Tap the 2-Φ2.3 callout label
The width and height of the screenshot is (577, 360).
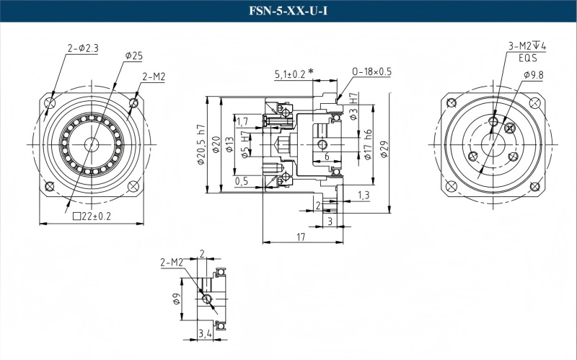tap(82, 48)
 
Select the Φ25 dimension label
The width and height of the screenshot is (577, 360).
tap(133, 56)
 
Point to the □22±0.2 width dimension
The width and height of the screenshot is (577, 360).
tap(93, 216)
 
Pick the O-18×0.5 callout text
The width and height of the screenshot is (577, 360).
tap(371, 71)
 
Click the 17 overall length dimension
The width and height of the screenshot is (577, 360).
tap(301, 236)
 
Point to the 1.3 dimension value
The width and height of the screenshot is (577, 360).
tap(364, 196)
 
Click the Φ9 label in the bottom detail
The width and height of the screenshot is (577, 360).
tap(177, 299)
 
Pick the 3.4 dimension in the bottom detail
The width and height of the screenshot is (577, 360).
tap(204, 333)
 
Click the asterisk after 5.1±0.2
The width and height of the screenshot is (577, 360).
tap(311, 71)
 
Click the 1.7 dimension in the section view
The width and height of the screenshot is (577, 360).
tap(242, 121)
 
